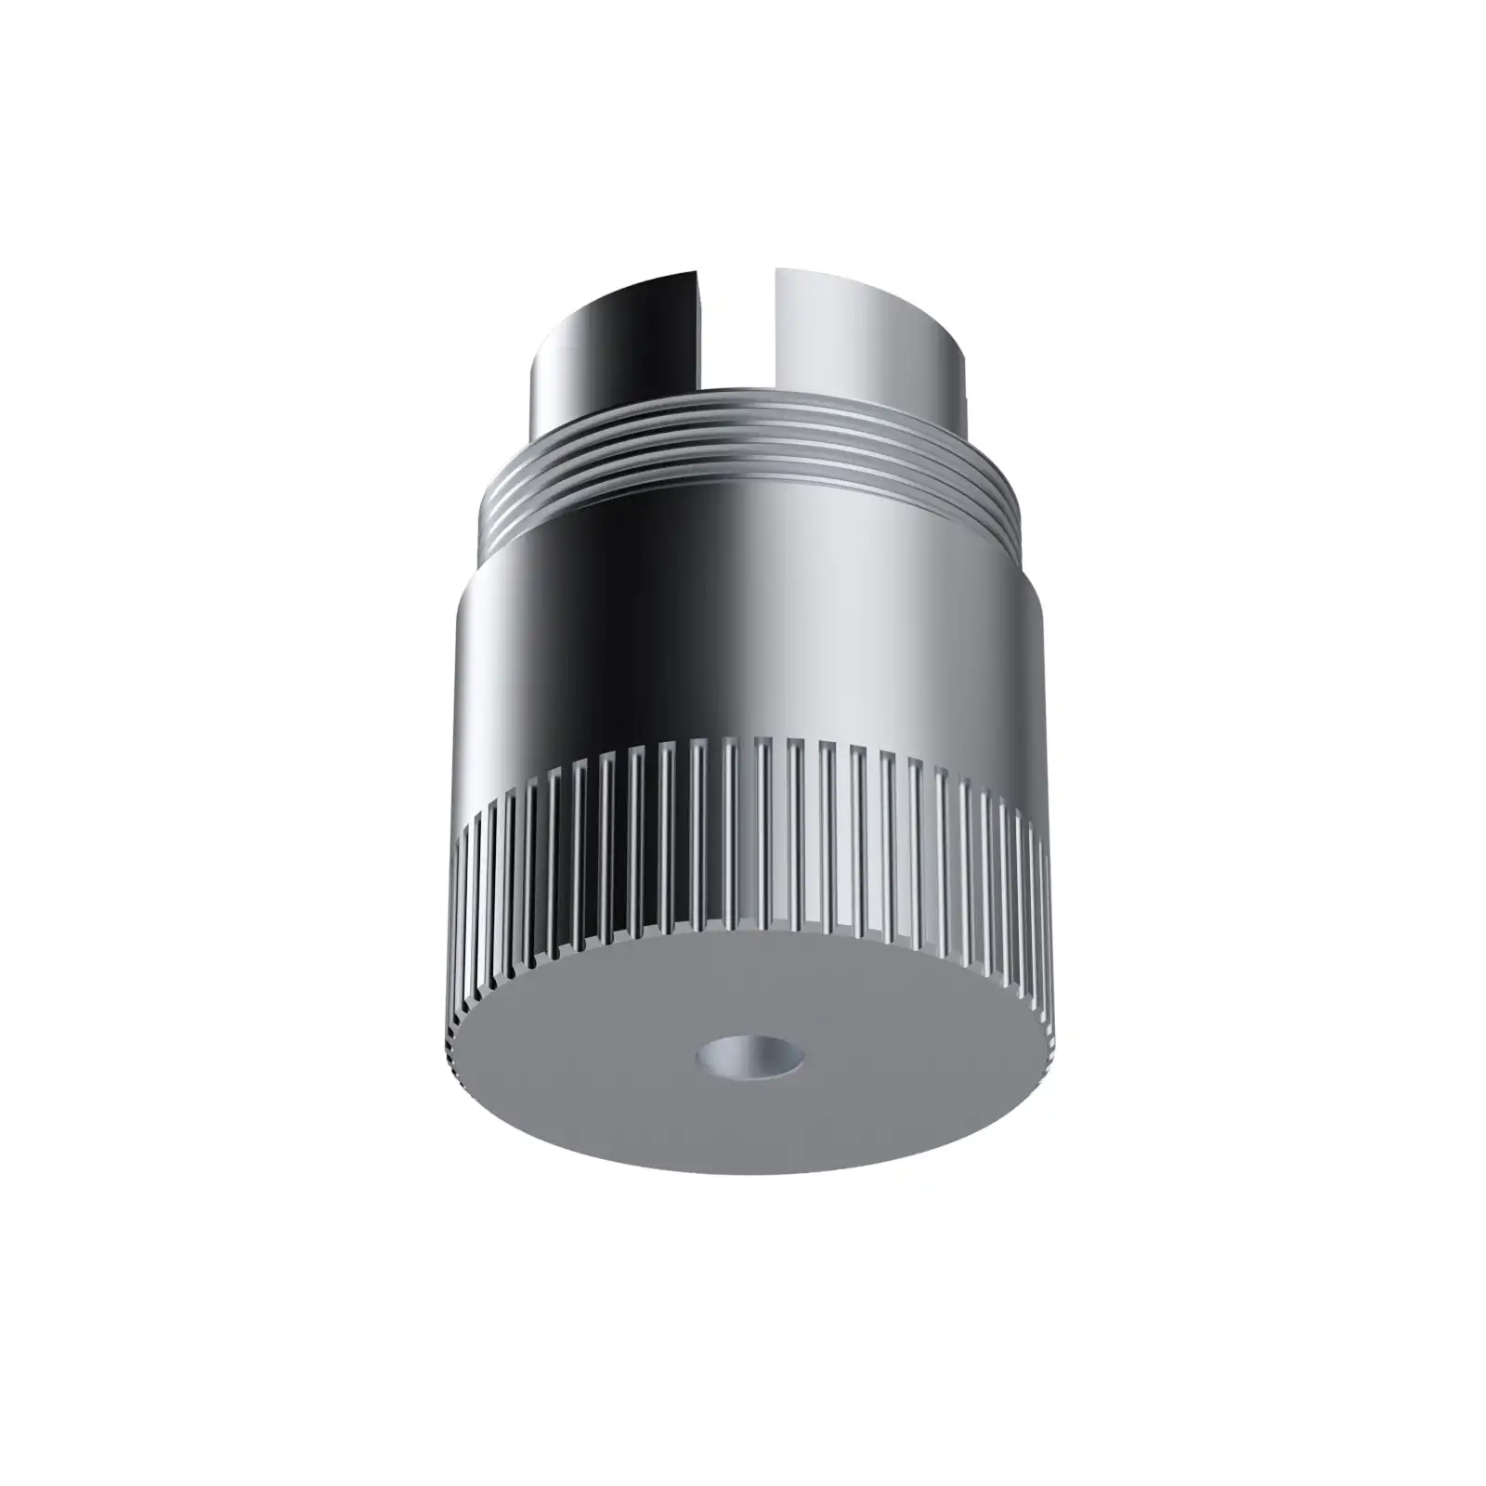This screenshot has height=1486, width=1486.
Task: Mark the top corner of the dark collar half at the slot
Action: coord(697,271)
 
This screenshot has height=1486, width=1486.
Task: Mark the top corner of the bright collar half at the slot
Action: coord(776,270)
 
